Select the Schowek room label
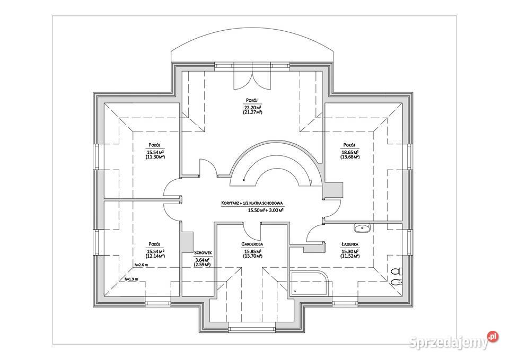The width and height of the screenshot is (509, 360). click(x=204, y=253)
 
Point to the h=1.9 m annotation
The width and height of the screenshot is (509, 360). click(x=131, y=279)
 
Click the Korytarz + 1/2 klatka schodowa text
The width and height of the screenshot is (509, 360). click(x=253, y=203)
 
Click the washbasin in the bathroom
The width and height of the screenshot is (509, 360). click(x=363, y=229)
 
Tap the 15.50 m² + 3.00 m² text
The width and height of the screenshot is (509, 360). click(x=265, y=210)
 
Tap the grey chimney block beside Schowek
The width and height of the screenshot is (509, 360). click(x=187, y=242)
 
